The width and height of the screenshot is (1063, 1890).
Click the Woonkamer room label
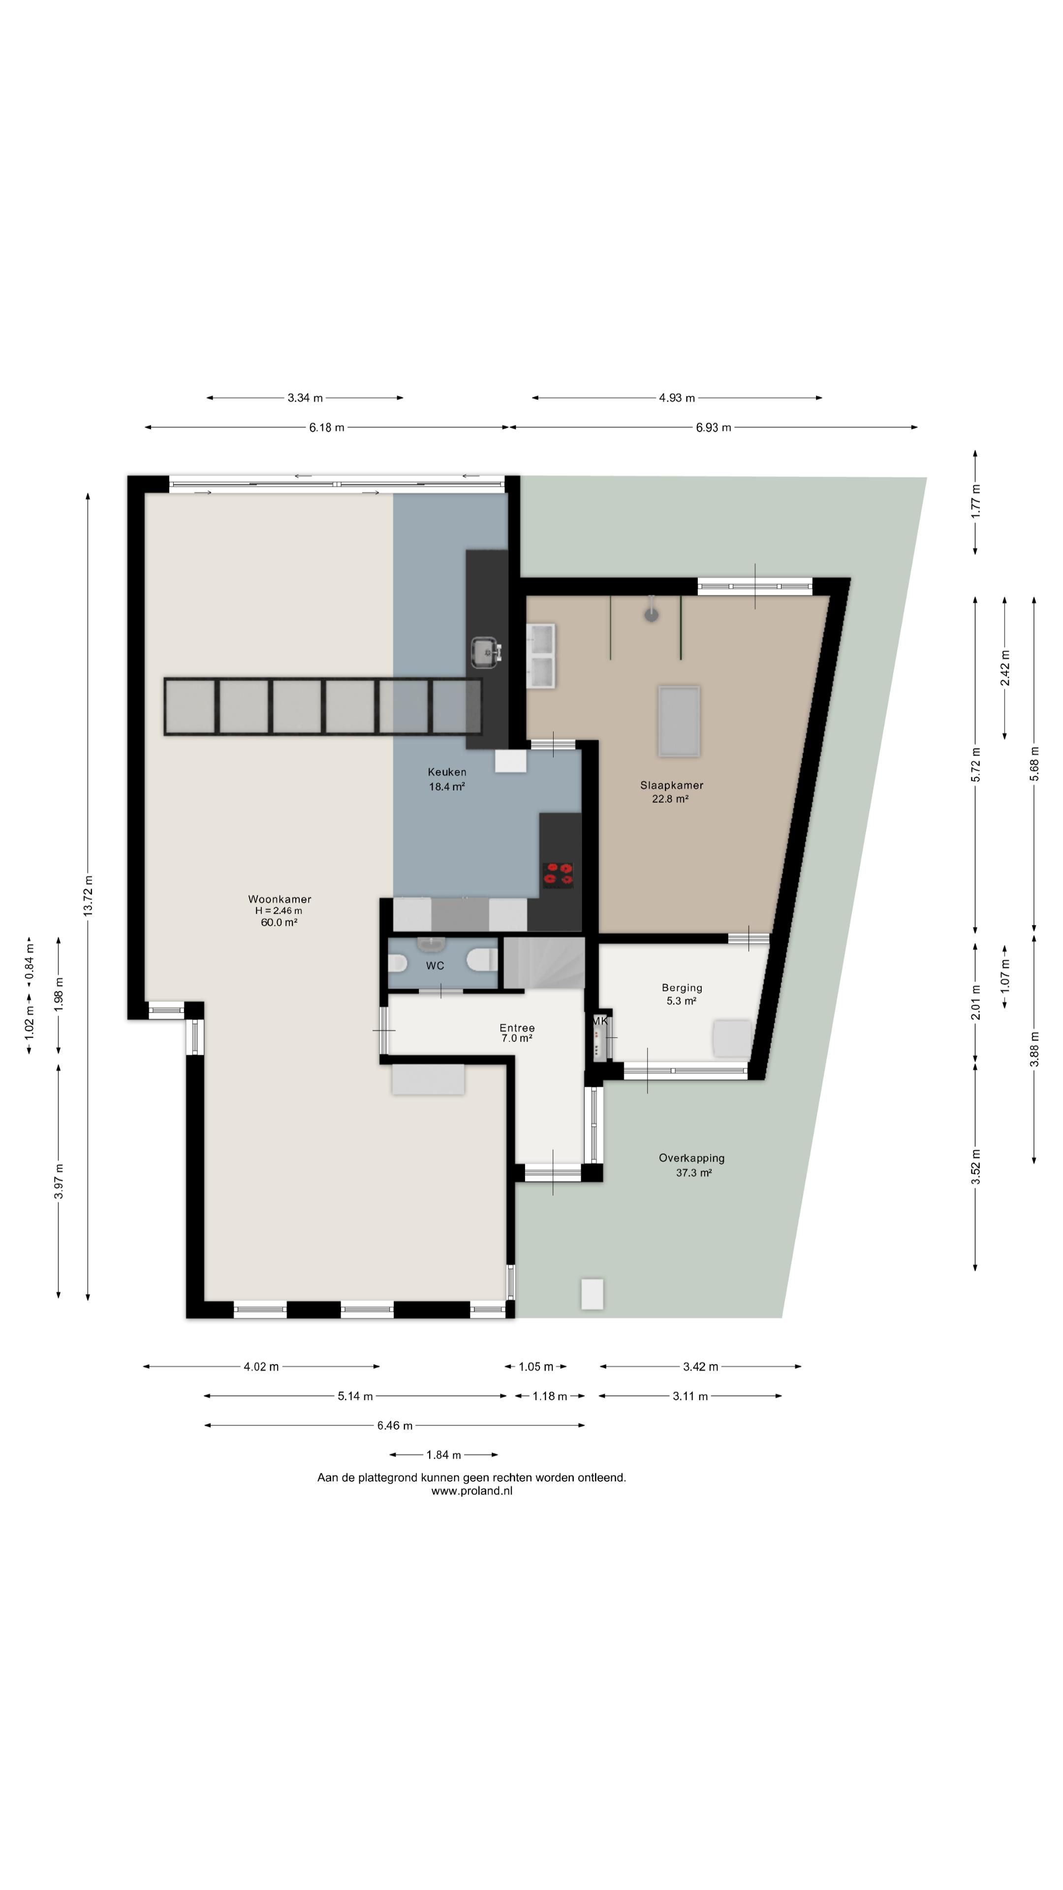(x=280, y=899)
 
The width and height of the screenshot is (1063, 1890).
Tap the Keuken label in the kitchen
(x=447, y=772)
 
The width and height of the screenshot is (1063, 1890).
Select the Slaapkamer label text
(x=671, y=785)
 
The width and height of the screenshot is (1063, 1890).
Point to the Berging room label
(x=682, y=987)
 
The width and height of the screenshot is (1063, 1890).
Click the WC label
(x=435, y=966)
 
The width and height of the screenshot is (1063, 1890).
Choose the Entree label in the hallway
(x=517, y=1028)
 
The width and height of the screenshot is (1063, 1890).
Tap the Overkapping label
(x=692, y=1158)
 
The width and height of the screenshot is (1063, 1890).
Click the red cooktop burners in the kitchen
(x=558, y=873)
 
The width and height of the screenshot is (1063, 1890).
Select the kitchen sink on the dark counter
(x=486, y=653)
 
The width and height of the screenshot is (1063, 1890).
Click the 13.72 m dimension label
(x=88, y=895)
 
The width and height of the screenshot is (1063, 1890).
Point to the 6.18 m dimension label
(x=326, y=428)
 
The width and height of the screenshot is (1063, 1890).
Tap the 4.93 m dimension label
(x=676, y=398)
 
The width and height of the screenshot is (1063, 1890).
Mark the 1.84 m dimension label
(x=444, y=1455)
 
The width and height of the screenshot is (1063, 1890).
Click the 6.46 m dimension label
(x=395, y=1425)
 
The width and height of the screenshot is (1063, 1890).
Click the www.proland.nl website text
(x=472, y=1490)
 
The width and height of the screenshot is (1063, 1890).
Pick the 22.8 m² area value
(x=670, y=799)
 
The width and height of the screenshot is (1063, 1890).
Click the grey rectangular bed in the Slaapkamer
(x=679, y=721)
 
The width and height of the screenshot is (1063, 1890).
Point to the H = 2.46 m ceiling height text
(x=279, y=911)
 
